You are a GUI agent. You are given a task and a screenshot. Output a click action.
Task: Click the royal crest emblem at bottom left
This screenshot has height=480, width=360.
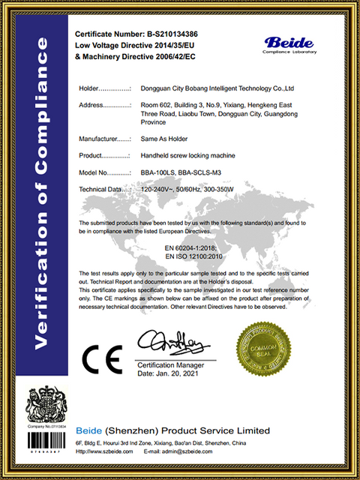(46, 406)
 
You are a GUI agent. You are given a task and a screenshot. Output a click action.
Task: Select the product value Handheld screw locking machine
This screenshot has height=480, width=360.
(188, 155)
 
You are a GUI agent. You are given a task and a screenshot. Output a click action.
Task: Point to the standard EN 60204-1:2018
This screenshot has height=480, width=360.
(190, 246)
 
